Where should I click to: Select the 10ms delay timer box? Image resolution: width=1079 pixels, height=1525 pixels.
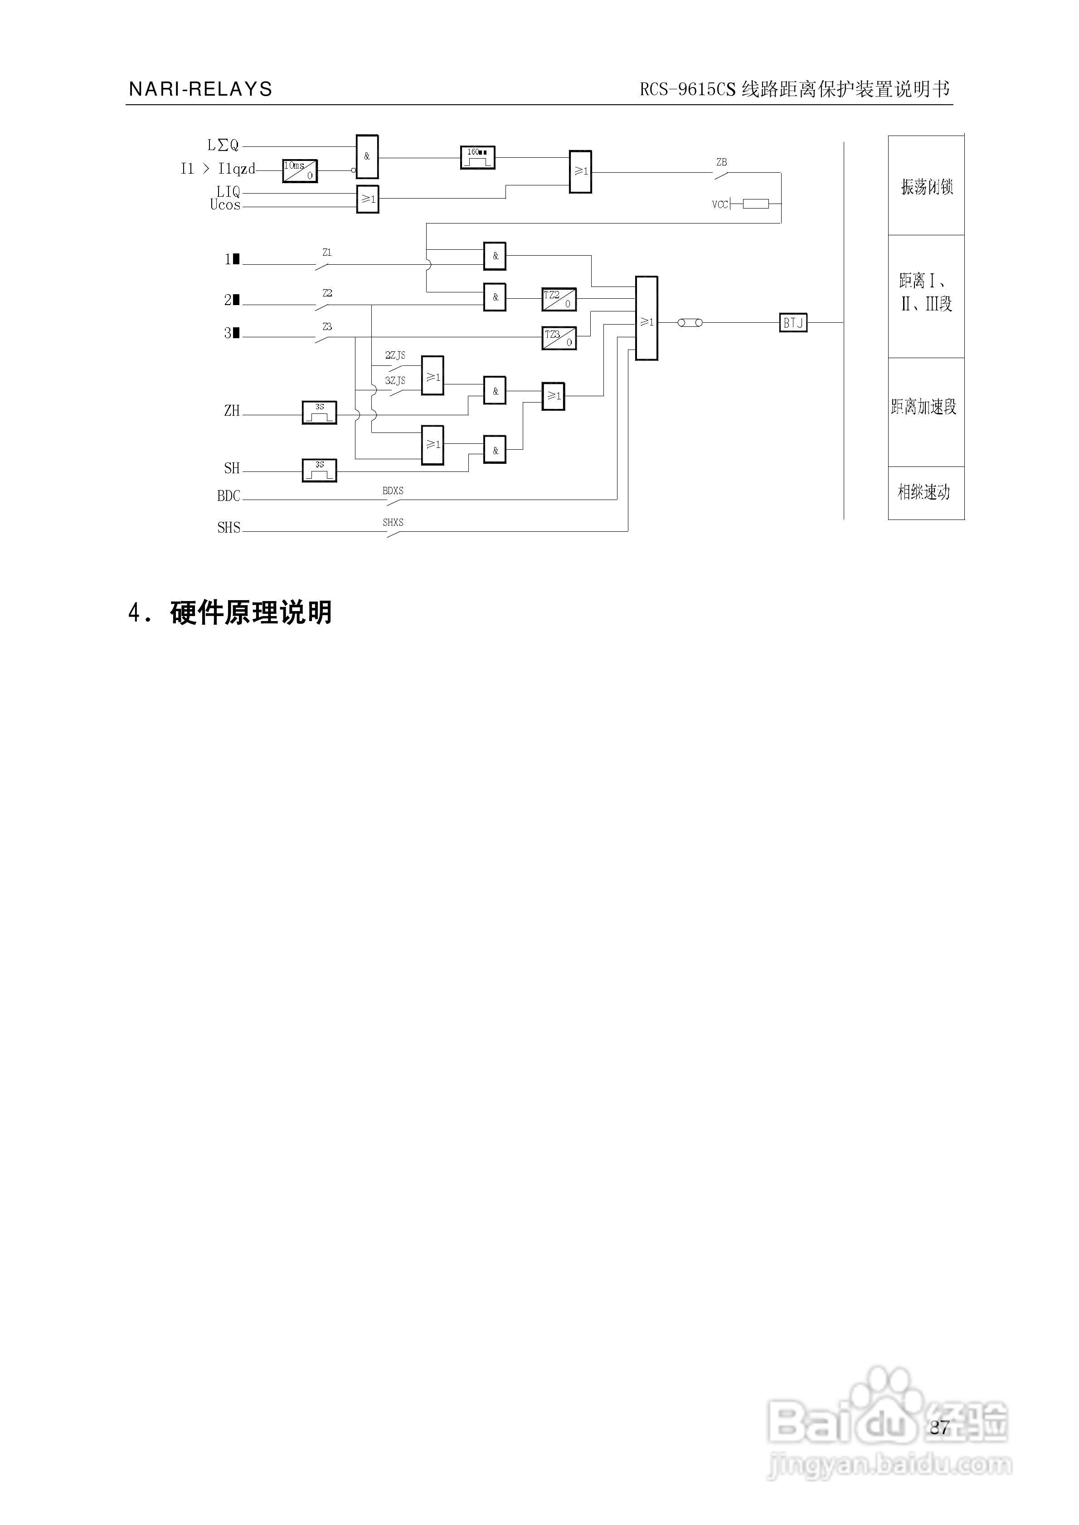coord(300,171)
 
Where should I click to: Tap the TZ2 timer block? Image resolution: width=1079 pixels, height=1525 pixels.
coord(559,300)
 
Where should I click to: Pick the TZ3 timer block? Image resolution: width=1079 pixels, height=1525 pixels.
coord(559,338)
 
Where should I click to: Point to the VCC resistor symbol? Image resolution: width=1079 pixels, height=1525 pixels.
coord(755,204)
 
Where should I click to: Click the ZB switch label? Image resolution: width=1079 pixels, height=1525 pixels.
coord(722,162)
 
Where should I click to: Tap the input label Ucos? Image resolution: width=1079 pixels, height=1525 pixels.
coord(225,205)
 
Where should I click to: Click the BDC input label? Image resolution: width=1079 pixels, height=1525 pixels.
coord(228,496)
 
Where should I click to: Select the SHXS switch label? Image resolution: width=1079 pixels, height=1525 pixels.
coord(393,523)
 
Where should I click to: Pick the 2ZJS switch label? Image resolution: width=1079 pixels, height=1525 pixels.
coord(395,356)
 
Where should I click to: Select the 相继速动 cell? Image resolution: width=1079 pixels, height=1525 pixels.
coord(924,492)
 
